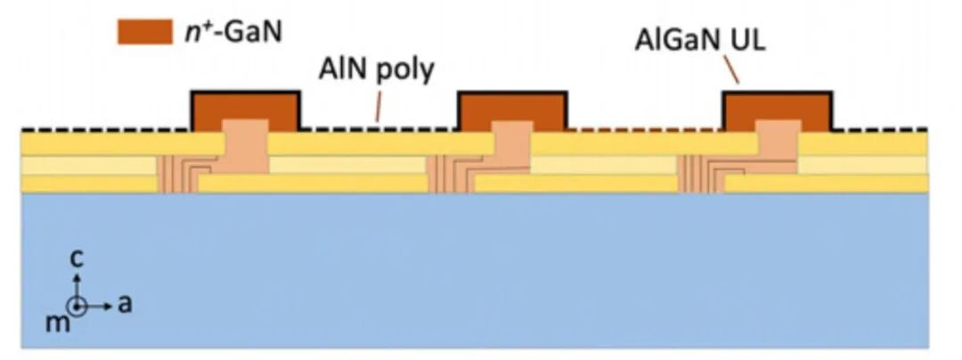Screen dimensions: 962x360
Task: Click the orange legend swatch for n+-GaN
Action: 145,32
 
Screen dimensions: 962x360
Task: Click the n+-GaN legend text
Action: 233,32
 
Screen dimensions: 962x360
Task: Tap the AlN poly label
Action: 376,70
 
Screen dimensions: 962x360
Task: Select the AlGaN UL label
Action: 701,41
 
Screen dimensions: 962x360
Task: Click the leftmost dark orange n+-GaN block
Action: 246,110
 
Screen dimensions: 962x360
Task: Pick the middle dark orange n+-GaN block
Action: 514,110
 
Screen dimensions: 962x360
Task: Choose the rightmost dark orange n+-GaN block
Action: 778,110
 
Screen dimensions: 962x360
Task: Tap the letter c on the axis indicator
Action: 76,258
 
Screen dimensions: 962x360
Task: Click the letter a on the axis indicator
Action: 125,304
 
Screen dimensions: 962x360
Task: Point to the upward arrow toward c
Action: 77,286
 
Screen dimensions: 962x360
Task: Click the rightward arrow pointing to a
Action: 100,306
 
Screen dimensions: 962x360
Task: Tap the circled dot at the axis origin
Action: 77,306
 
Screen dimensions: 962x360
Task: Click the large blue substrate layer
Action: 475,271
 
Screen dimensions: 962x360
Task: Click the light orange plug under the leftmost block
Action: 245,146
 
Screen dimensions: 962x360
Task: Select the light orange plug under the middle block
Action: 512,146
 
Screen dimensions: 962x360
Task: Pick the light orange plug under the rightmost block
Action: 778,146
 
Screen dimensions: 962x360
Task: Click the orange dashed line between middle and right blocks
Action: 646,130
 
